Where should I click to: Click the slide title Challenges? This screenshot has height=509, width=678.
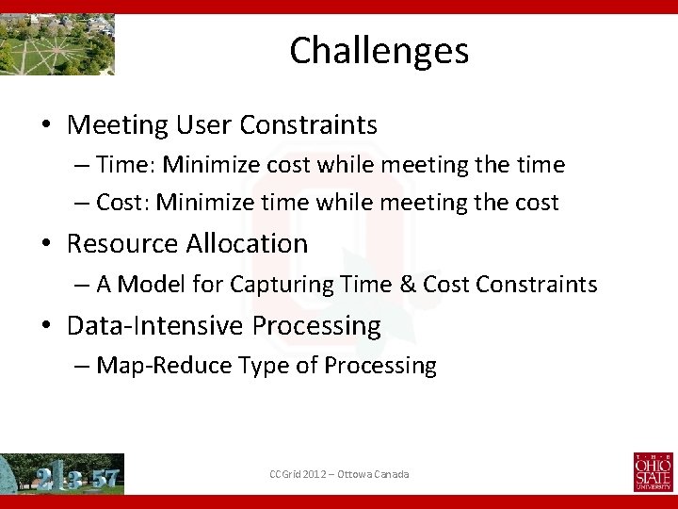[379, 50]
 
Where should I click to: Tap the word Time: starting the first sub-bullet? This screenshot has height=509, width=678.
[126, 165]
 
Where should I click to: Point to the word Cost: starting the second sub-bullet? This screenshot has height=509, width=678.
[123, 203]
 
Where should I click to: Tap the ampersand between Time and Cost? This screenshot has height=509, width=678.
[407, 284]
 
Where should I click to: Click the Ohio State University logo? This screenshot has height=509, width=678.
[653, 472]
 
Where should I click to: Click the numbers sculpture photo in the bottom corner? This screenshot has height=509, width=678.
[62, 473]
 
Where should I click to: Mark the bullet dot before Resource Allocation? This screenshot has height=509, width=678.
[45, 244]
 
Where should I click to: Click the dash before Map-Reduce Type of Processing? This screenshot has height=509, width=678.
[82, 366]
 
